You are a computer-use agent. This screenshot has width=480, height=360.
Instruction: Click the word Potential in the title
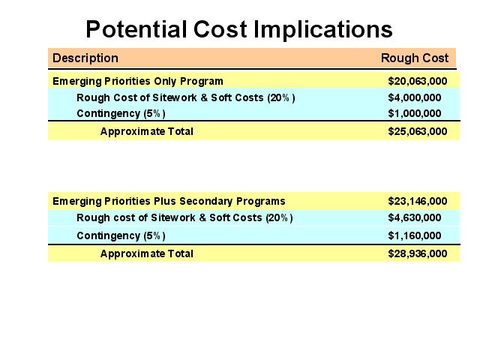pos(136,29)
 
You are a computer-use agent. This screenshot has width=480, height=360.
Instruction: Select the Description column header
pos(85,58)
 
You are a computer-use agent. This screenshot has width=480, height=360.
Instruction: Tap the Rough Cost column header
pos(415,58)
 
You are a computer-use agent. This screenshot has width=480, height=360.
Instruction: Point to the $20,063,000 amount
pos(418,81)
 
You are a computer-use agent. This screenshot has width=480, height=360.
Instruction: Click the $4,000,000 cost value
pos(415,97)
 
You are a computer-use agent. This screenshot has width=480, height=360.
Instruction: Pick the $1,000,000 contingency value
pos(415,113)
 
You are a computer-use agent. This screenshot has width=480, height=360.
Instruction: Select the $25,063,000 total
pos(418,131)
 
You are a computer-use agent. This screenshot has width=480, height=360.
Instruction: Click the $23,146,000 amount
pos(418,201)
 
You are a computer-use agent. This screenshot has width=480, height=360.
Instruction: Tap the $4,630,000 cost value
pos(415,217)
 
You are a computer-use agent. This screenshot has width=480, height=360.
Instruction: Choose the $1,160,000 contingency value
pos(415,235)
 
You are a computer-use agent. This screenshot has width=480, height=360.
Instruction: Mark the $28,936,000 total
pos(418,253)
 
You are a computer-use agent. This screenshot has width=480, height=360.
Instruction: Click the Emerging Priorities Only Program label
pos(138,82)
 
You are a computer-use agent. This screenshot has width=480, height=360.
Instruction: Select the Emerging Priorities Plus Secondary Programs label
pos(169,202)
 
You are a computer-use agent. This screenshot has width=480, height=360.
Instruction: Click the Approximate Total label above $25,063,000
pos(147,132)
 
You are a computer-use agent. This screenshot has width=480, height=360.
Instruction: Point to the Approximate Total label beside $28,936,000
pos(147,253)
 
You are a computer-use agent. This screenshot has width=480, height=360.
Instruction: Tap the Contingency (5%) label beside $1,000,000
pos(121,113)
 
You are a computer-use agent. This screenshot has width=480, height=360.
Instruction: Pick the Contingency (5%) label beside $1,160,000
pos(121,235)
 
